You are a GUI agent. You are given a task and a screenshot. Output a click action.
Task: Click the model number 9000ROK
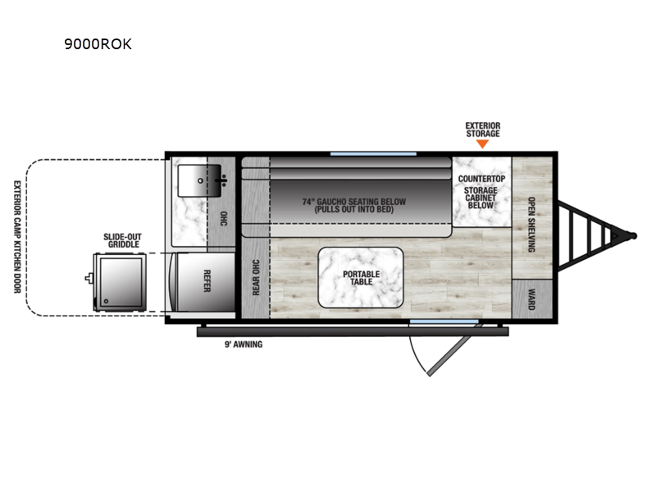98,44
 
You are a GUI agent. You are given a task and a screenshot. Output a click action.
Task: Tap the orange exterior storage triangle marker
482,144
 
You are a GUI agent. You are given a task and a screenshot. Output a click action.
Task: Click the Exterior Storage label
483,130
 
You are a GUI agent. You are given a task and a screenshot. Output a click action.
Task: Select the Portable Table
361,277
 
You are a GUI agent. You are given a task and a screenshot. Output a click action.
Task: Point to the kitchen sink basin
199,180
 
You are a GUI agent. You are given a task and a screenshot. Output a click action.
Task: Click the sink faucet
222,180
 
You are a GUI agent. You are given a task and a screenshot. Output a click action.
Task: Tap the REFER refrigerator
204,281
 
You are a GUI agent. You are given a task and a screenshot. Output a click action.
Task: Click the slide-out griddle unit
119,282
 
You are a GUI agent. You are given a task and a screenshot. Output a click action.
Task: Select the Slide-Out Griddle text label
122,240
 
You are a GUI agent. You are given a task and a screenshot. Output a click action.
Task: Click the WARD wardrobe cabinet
532,298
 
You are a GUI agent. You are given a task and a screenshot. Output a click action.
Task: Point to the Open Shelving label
531,225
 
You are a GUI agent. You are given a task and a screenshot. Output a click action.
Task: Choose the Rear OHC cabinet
256,277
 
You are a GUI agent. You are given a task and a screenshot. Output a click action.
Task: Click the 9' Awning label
244,344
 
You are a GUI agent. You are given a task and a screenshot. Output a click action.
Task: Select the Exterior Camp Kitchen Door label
17,237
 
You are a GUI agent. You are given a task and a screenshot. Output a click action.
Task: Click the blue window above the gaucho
373,154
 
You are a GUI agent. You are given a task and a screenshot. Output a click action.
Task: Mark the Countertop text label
481,179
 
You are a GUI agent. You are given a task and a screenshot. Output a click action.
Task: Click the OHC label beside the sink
224,219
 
